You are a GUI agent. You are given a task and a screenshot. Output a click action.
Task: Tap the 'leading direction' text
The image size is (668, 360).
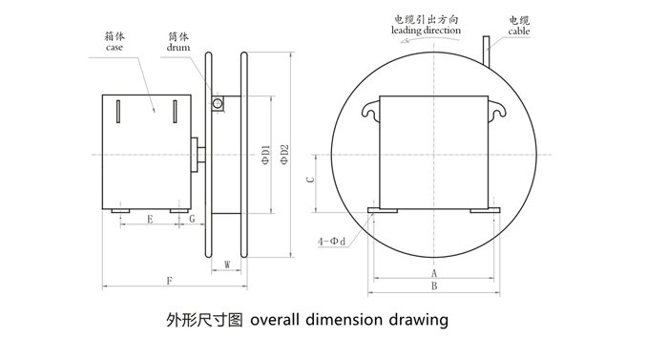(x=426, y=31)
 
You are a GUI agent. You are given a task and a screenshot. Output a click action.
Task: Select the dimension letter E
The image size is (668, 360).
(x=151, y=221)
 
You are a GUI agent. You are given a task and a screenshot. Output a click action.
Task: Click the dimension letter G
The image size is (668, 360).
(x=192, y=221)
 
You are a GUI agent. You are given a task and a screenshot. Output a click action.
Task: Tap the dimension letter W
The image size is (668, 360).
(x=226, y=264)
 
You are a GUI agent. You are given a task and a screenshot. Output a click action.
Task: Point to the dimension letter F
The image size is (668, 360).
(x=169, y=281)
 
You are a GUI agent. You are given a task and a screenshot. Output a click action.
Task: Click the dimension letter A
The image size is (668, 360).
(x=434, y=273)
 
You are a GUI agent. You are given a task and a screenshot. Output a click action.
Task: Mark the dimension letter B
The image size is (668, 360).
(x=434, y=286)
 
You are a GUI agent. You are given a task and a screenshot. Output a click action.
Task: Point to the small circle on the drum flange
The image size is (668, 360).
(x=218, y=102)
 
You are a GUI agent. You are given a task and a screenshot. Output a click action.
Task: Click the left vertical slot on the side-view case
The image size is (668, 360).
(x=115, y=111)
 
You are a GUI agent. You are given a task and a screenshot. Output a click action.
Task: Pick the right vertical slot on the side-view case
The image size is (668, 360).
(x=176, y=111)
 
